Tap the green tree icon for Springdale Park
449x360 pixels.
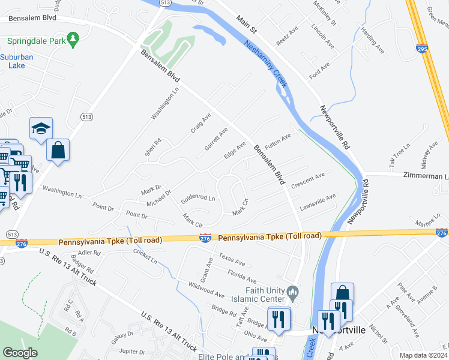pyautogui.click(x=73, y=40)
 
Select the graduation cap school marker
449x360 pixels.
pyautogui.click(x=41, y=128)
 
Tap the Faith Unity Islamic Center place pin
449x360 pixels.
pyautogui.click(x=293, y=293)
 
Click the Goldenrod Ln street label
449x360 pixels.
pyautogui.click(x=197, y=197)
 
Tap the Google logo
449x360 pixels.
pyautogui.click(x=20, y=353)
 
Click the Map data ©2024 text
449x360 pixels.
pyautogui.click(x=423, y=355)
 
